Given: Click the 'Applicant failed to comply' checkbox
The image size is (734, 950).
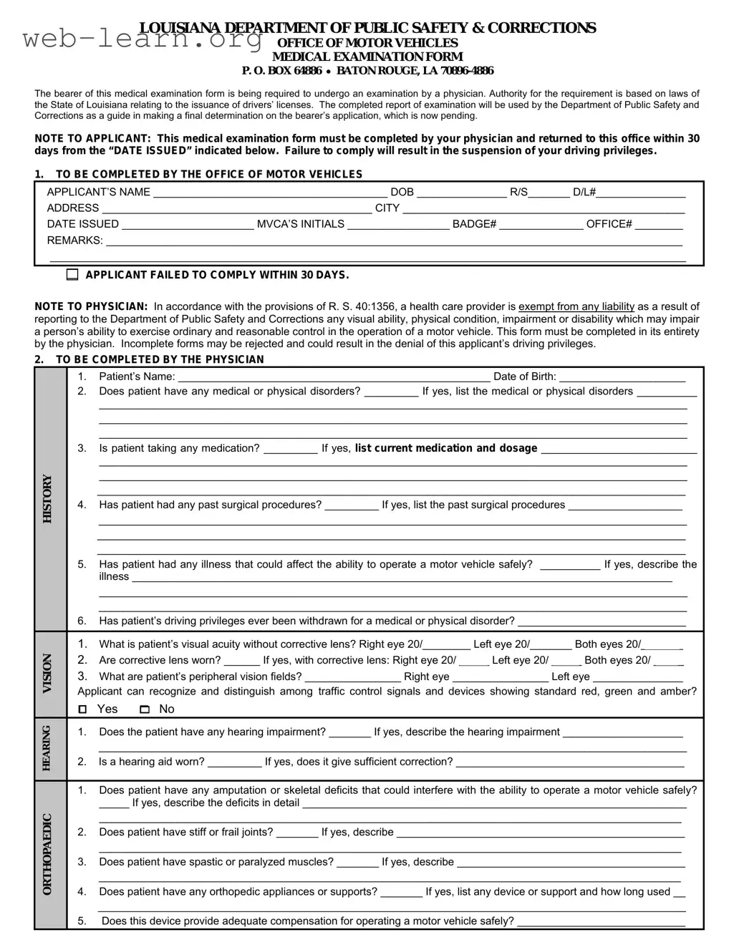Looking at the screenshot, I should coord(72,275).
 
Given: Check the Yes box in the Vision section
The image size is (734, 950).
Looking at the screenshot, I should coord(83,709).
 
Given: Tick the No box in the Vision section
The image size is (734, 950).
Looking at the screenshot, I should coord(145,709).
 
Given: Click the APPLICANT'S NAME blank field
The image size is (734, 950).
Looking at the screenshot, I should coord(269,192).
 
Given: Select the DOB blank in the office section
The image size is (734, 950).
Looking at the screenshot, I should coord(461,192).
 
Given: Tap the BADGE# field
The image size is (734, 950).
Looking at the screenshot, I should coord(541,225).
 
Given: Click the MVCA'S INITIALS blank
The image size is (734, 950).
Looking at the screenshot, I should coord(397,225).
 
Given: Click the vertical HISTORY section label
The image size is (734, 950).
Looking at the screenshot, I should coord(48,499).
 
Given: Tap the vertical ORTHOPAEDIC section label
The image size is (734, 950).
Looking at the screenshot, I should coord(48,854).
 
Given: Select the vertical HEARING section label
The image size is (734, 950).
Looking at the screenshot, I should coord(47,748).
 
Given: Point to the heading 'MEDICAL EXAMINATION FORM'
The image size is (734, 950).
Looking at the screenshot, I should coord(367,57).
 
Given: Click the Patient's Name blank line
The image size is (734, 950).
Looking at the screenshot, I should coord(333,377).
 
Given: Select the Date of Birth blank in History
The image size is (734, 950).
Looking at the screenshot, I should coord(622,377).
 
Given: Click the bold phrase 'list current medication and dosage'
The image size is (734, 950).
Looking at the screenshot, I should coord(445,448).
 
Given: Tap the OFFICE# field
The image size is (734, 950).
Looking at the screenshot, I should coord(659,225).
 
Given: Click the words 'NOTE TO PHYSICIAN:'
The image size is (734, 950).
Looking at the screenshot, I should coord(91,306).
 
